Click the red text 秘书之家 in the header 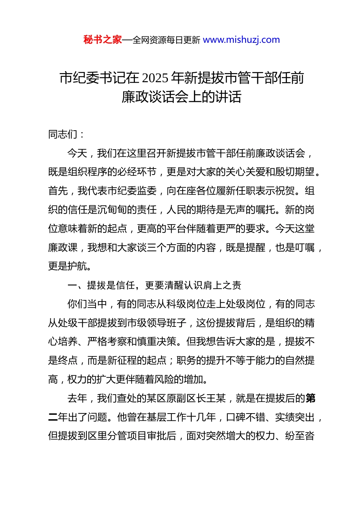pos(103,40)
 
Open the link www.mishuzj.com pos(241,40)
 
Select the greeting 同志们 pos(63,134)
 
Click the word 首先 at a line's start pos(58,191)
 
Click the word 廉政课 pos(63,248)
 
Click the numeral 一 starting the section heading pos(72,285)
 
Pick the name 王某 pos(216,398)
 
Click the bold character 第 pos(310,398)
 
